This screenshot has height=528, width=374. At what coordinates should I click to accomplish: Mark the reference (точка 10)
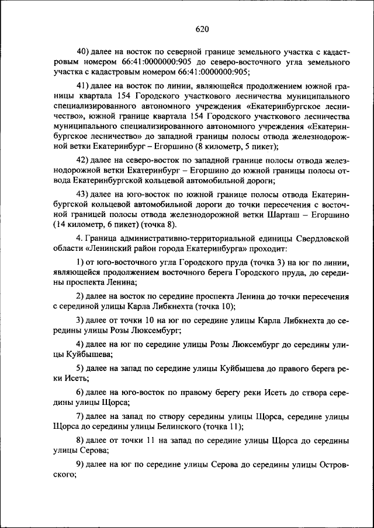(x=212, y=306)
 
